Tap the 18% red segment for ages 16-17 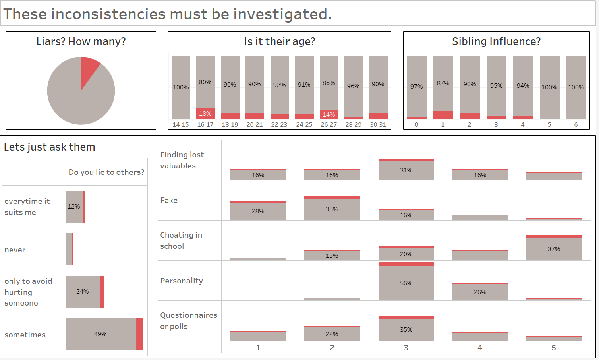point(205,114)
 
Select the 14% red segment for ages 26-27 point(329,115)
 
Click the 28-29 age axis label point(354,125)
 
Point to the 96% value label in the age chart point(354,86)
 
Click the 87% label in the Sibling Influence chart point(443,83)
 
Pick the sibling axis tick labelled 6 point(576,125)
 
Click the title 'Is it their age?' point(280,41)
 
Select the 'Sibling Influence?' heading point(496,41)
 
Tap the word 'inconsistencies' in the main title point(108,14)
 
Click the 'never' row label point(15,250)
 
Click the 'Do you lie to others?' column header point(106,172)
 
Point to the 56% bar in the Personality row point(406,283)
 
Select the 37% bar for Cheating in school point(554,249)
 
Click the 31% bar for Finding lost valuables point(406,170)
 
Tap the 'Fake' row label point(169,201)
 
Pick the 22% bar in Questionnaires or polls point(332,334)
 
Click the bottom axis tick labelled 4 point(480,348)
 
